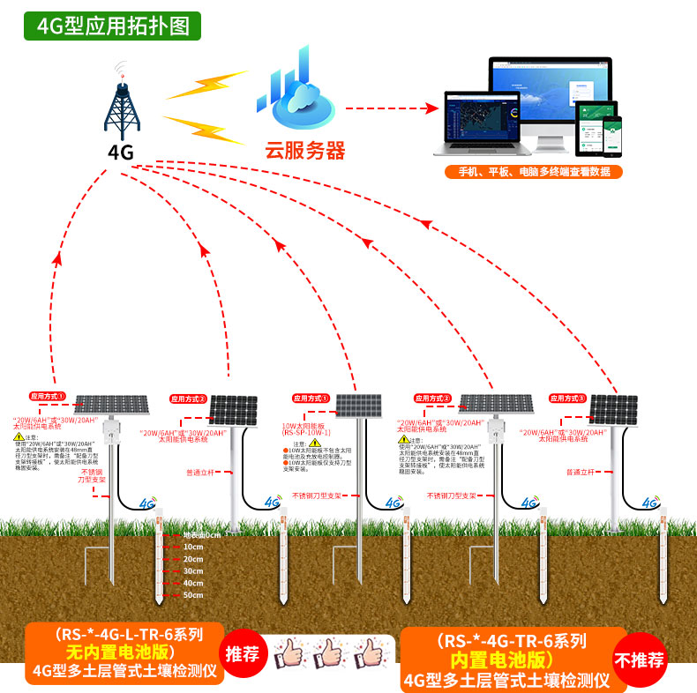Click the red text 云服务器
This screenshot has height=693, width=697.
coord(304,150)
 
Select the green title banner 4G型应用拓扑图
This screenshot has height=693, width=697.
coord(113,26)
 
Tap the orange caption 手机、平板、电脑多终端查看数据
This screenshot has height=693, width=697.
coord(533,172)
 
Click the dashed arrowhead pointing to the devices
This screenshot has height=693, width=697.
coord(432,108)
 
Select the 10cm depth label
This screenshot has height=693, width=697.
coord(193,547)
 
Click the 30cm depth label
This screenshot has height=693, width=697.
coord(193,571)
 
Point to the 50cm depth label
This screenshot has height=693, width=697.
coord(193,596)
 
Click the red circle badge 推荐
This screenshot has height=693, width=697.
coord(243,653)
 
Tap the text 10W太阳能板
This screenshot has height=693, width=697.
coord(305,425)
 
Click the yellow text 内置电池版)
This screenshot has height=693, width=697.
coord(501,660)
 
